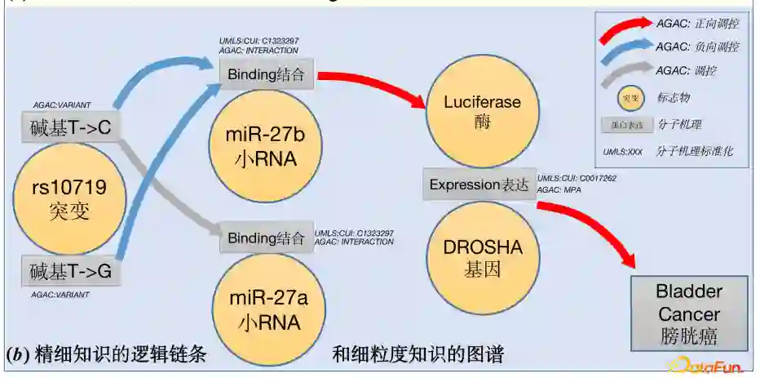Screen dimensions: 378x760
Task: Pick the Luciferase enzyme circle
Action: point(481,113)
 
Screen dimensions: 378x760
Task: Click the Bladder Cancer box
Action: point(689,314)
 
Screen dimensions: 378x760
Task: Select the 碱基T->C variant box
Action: point(69,127)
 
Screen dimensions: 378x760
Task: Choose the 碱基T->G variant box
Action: point(70,272)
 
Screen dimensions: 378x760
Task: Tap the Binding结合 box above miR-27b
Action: point(267,76)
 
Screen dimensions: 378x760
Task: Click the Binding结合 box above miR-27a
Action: point(267,238)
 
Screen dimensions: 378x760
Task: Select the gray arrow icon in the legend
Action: point(625,74)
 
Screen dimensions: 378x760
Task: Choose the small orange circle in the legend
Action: point(629,98)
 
